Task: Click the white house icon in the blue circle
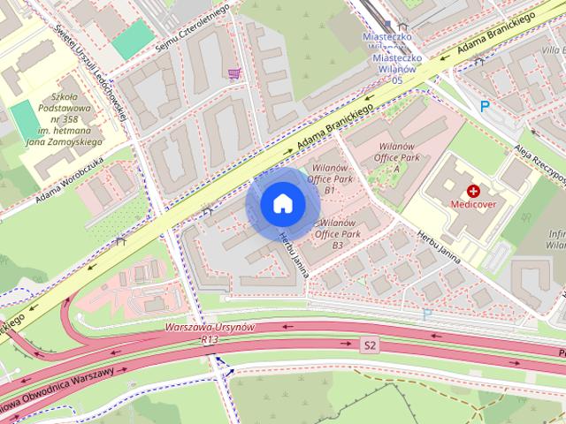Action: point(281,203)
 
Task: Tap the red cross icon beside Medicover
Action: point(474,190)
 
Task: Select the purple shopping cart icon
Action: point(233,74)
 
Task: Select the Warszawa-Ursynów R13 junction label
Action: point(210,332)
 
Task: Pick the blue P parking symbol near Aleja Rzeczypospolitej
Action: point(484,106)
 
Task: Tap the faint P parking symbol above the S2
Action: point(427,314)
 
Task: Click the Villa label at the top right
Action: point(554,51)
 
